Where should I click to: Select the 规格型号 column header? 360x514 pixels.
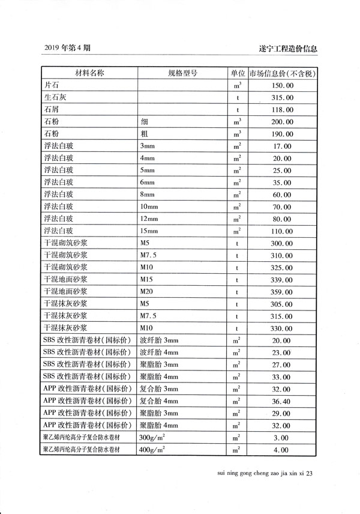182,73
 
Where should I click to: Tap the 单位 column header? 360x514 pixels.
238,73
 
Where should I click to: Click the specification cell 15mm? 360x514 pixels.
149,231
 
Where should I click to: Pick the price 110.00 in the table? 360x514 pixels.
283,231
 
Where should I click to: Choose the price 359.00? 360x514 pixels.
283,292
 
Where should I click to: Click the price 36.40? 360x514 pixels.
283,401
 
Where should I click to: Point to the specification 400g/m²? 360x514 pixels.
152,450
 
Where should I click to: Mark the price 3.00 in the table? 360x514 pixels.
283,438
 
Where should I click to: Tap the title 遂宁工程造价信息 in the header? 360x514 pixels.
287,47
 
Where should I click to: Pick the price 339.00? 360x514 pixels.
283,279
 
